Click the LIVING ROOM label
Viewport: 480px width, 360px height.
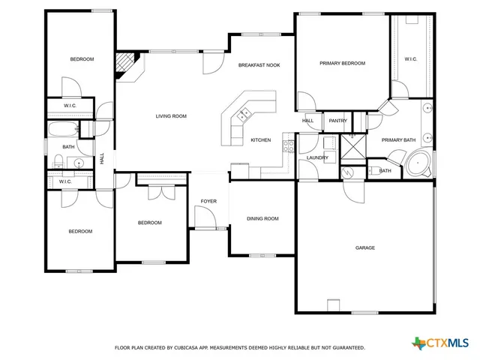click(x=171, y=116)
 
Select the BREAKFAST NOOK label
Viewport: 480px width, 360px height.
click(x=259, y=65)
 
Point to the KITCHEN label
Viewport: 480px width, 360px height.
click(x=260, y=140)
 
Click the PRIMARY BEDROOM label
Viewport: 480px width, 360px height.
click(x=342, y=64)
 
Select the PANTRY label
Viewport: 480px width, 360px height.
click(x=337, y=121)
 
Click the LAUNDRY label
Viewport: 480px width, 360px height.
click(x=318, y=157)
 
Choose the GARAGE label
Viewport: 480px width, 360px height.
click(x=365, y=247)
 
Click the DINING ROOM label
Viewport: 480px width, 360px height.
click(x=262, y=219)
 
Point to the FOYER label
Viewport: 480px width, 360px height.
click(x=208, y=202)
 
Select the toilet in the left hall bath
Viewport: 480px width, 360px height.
click(x=57, y=160)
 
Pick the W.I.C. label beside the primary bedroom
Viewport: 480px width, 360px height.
click(x=410, y=59)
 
